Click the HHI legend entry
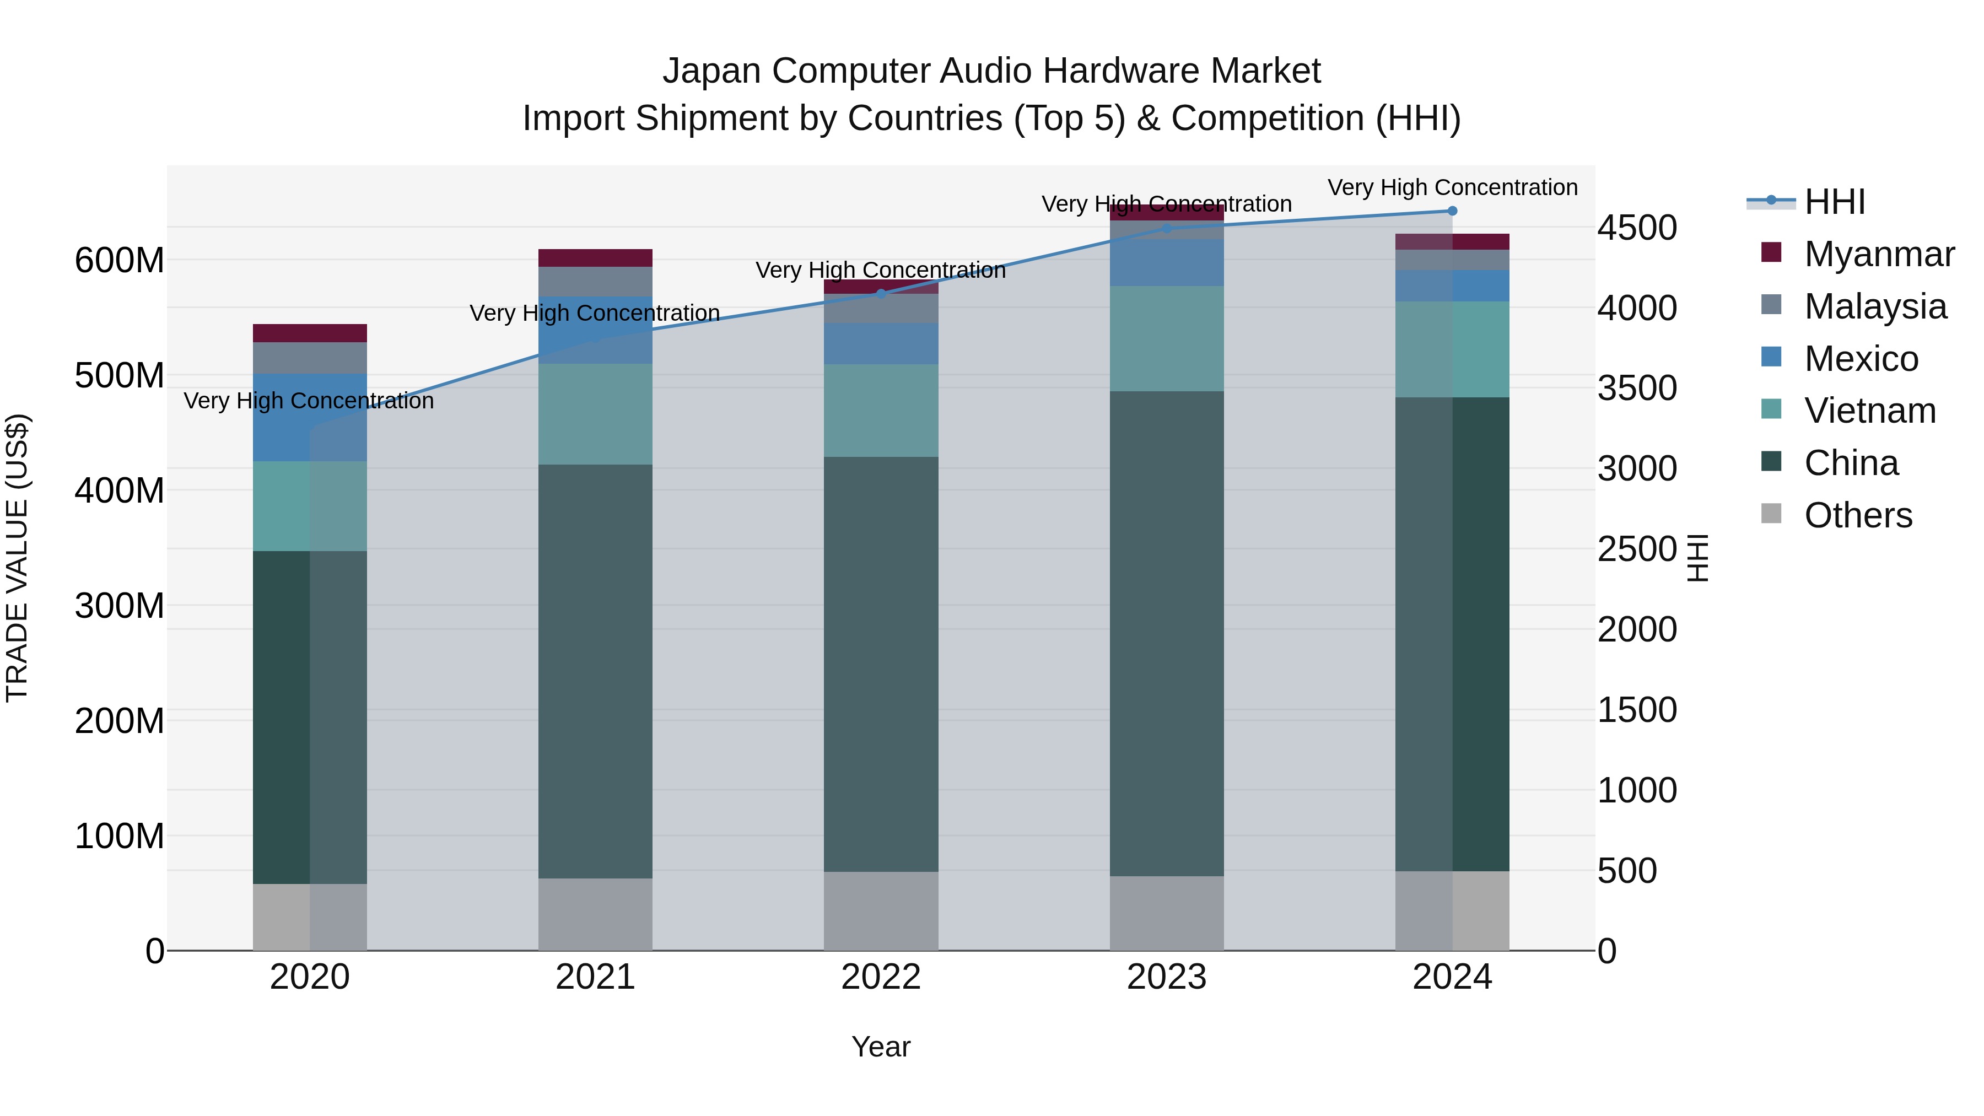1833,202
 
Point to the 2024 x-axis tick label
1452,977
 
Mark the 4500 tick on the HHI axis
1637,228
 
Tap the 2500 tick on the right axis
1637,549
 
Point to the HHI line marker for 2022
881,293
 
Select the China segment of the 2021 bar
595,670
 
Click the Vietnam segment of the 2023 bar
1166,339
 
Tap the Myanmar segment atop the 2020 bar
310,333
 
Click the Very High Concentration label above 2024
1452,187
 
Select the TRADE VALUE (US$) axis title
17,558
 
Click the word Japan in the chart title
711,71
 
